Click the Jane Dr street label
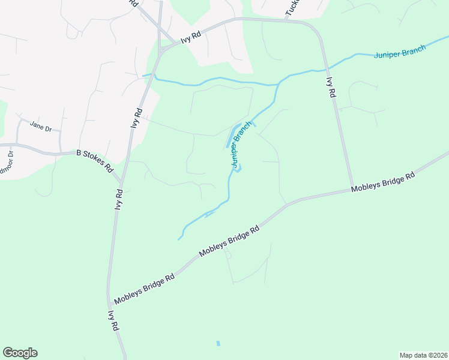coord(41,127)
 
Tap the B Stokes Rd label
coord(95,161)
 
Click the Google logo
coord(20,353)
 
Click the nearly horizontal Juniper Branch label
coord(400,52)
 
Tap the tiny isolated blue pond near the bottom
coord(218,344)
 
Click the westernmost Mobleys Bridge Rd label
coord(144,288)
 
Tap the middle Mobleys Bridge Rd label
coord(229,241)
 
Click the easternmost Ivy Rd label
coord(330,88)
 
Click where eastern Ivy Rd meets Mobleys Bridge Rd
coord(352,188)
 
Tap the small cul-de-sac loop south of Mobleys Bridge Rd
coord(228,254)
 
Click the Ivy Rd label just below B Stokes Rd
coord(119,199)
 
